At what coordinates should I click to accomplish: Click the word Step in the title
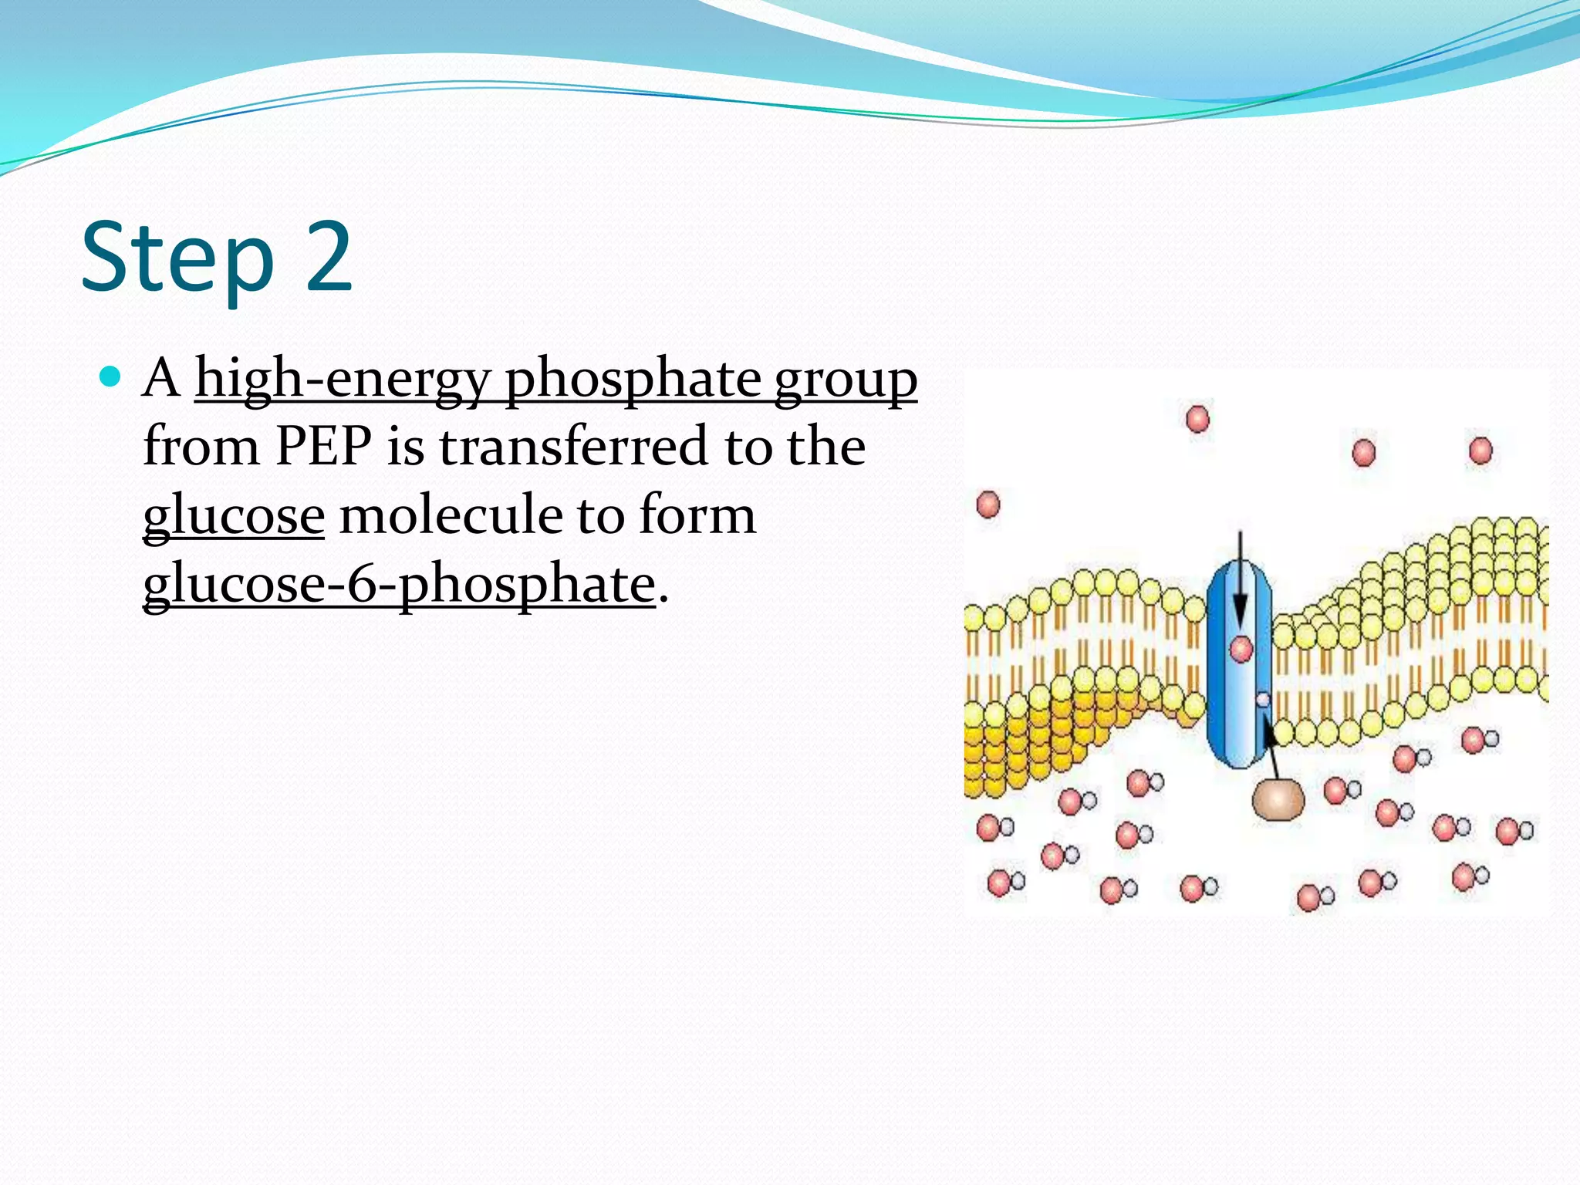click(177, 258)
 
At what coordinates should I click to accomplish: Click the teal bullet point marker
click(111, 377)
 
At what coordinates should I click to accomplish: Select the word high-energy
click(343, 379)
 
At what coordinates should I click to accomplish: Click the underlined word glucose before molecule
click(234, 515)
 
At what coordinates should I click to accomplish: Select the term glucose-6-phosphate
click(399, 583)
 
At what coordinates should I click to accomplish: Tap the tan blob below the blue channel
click(1278, 799)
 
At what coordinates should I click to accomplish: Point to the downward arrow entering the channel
click(1240, 579)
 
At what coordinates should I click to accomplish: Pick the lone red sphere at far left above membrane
click(988, 505)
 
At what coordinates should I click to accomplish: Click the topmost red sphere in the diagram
click(1197, 419)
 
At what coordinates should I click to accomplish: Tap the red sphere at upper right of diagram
click(1480, 451)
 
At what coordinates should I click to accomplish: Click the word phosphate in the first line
click(633, 379)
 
